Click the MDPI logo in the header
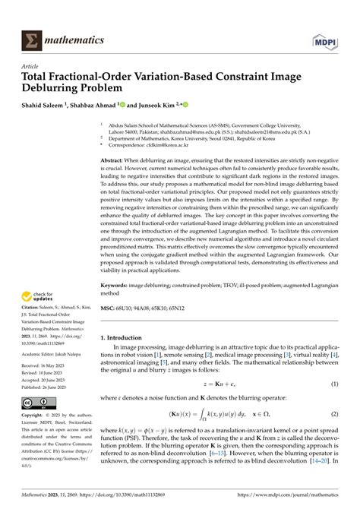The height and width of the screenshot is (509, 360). click(x=327, y=39)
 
